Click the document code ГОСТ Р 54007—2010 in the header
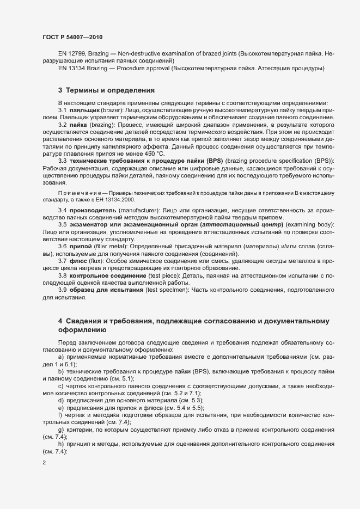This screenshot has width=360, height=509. pos(72,37)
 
